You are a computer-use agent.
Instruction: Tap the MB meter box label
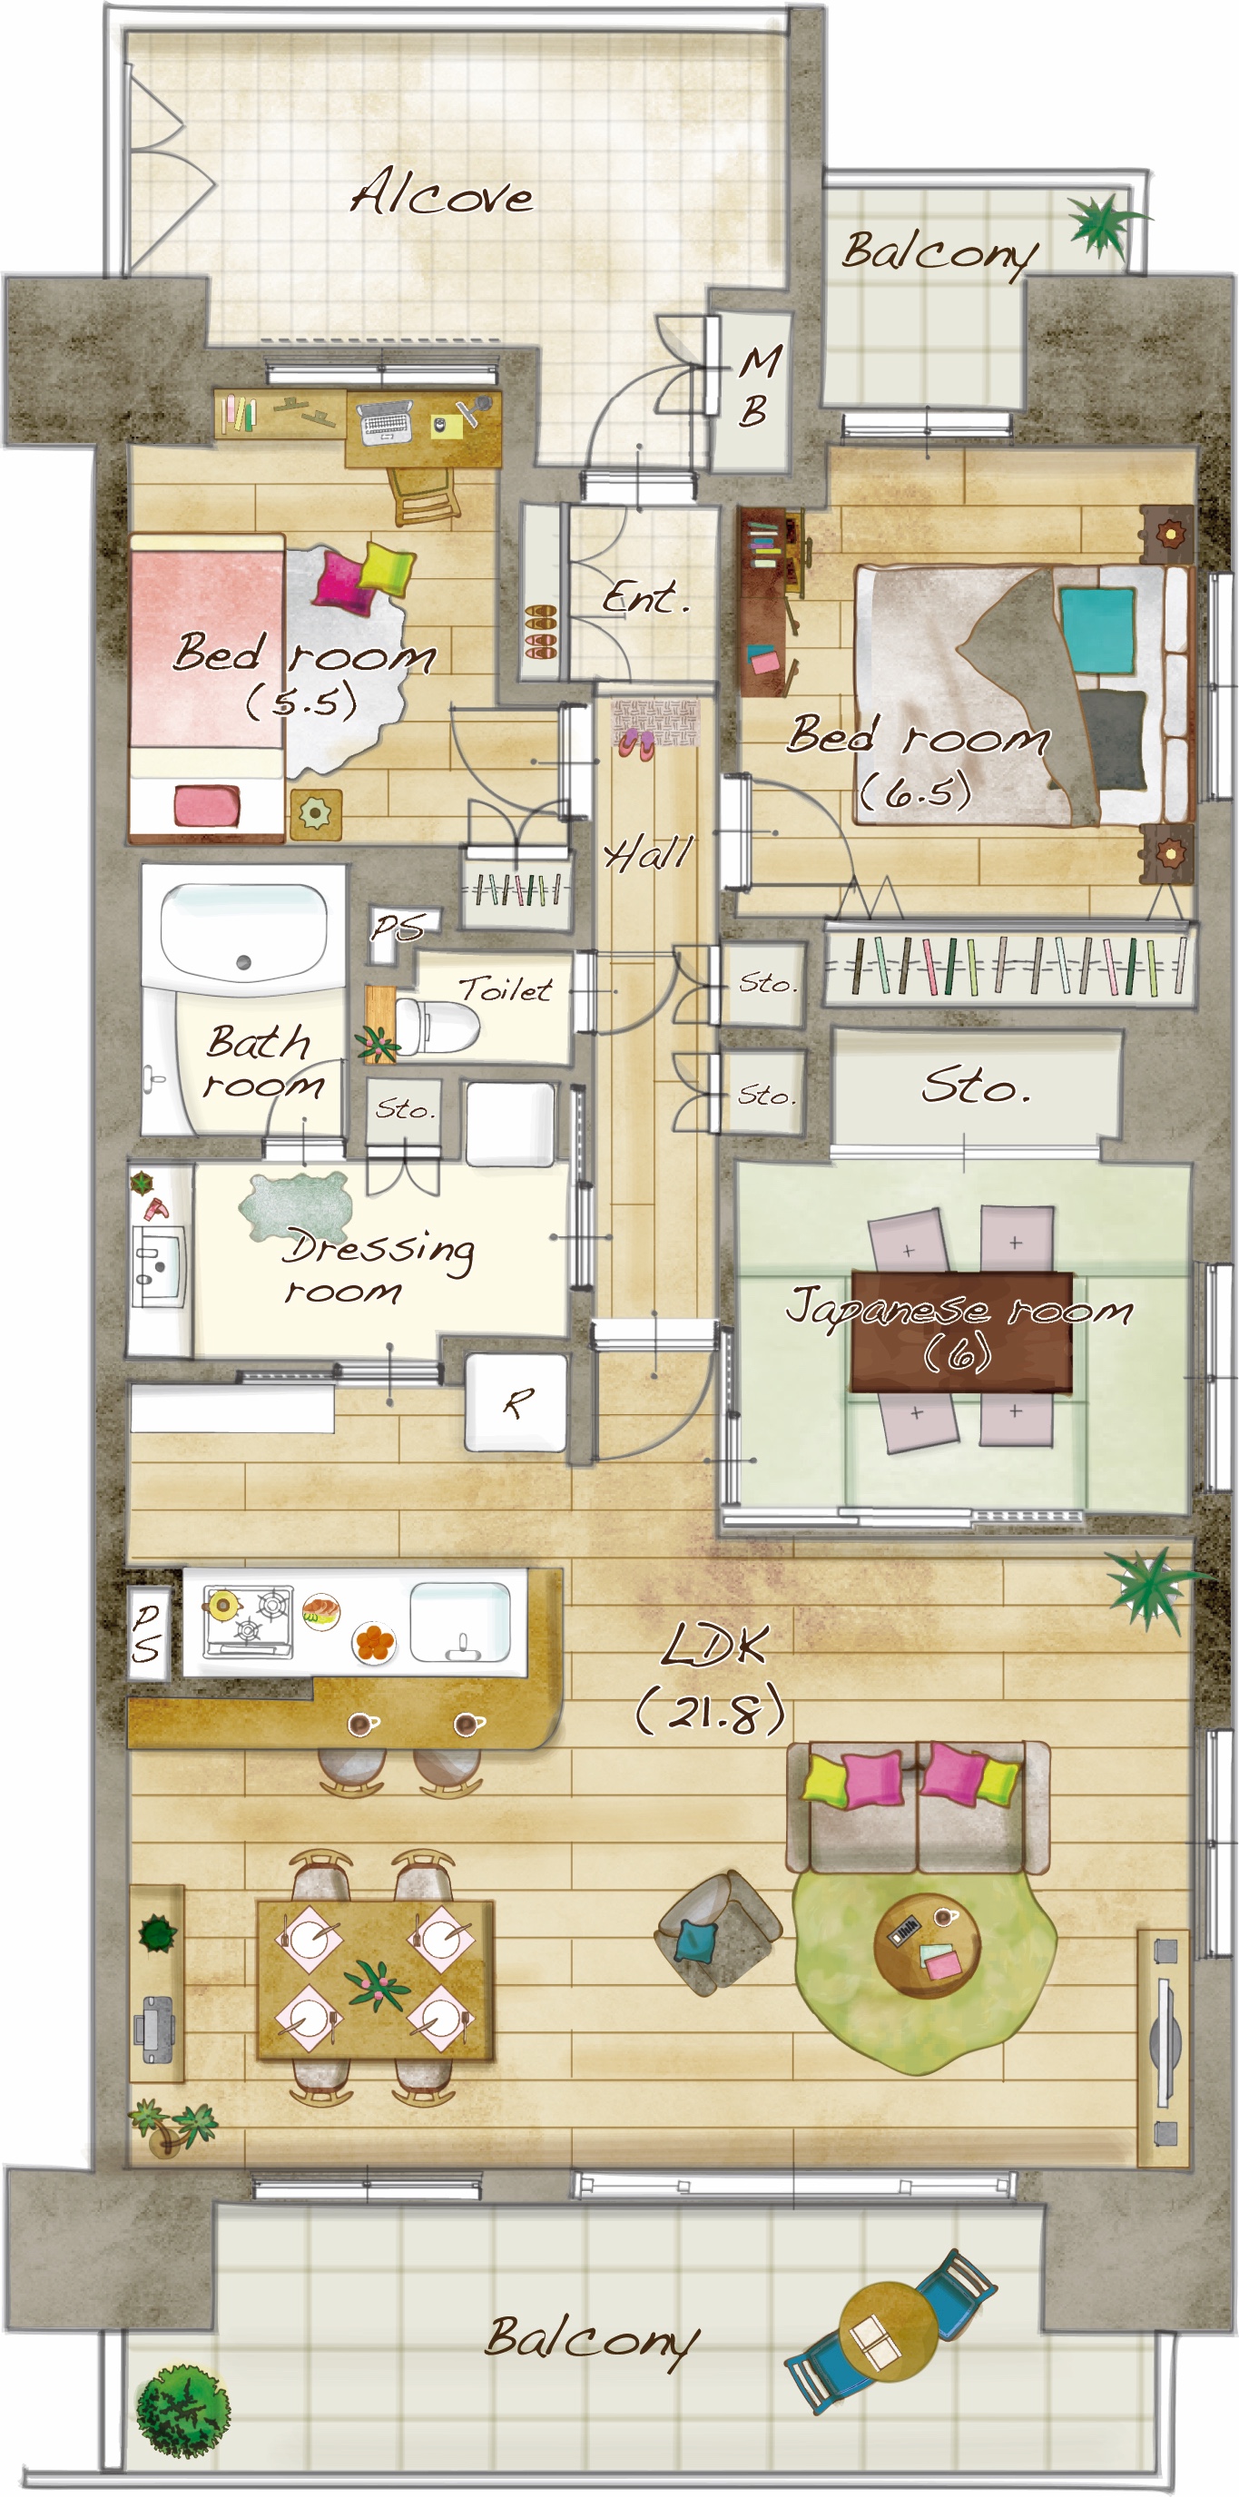(x=758, y=386)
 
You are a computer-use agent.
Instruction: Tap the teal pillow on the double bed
(x=1097, y=630)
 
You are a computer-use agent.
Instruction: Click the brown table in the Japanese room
(x=960, y=1332)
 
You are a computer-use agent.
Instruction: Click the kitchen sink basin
(x=459, y=1622)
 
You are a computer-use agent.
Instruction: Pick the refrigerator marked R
(x=516, y=1401)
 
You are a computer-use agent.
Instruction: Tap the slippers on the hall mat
(x=636, y=744)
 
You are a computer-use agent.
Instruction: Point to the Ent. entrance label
(x=644, y=596)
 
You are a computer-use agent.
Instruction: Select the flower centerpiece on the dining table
(x=377, y=1981)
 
